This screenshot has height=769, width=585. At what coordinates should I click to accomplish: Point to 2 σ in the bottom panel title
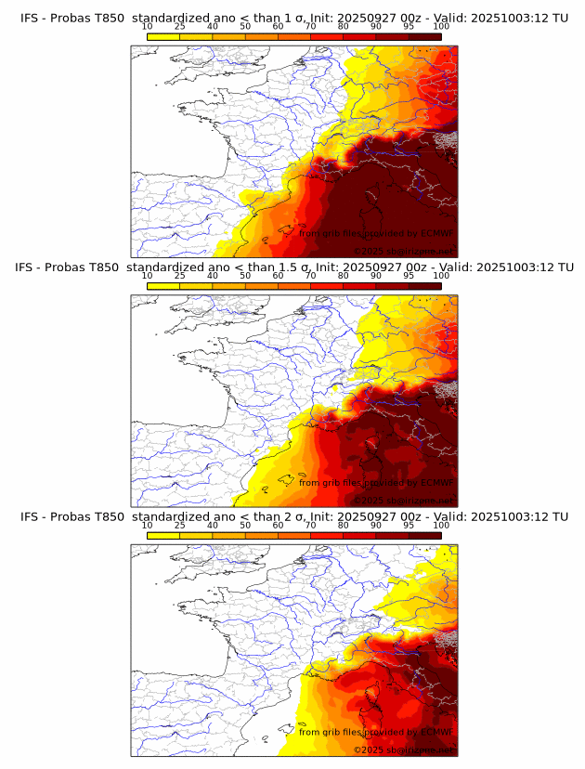279,516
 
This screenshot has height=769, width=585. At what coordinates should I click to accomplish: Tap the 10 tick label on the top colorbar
148,27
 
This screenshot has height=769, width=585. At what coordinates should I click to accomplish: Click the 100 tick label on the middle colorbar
440,275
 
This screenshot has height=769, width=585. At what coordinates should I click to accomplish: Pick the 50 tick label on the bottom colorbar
245,524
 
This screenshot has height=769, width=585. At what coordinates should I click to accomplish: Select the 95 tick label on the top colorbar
409,27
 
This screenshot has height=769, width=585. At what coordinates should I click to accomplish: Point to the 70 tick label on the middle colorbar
310,275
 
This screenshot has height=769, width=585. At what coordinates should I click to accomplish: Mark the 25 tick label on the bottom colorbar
180,524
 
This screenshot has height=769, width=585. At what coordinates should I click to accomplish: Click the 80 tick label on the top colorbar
343,27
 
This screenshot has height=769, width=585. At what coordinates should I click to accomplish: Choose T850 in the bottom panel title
108,516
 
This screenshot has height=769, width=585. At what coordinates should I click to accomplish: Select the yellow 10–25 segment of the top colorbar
163,36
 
